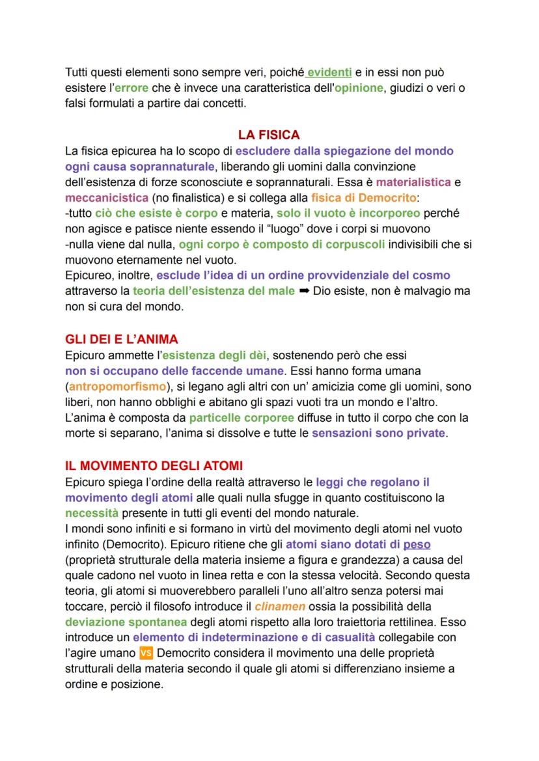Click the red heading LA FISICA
pyautogui.click(x=269, y=135)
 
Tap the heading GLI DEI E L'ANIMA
pyautogui.click(x=122, y=339)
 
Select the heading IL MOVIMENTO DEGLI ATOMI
pyautogui.click(x=154, y=466)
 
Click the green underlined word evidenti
pyautogui.click(x=329, y=72)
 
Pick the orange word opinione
pyautogui.click(x=356, y=88)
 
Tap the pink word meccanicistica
pyautogui.click(x=107, y=197)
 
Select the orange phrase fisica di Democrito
pyautogui.click(x=363, y=197)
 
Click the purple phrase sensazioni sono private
pyautogui.click(x=379, y=433)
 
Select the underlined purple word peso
pyautogui.click(x=417, y=544)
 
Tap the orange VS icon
pyautogui.click(x=146, y=653)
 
